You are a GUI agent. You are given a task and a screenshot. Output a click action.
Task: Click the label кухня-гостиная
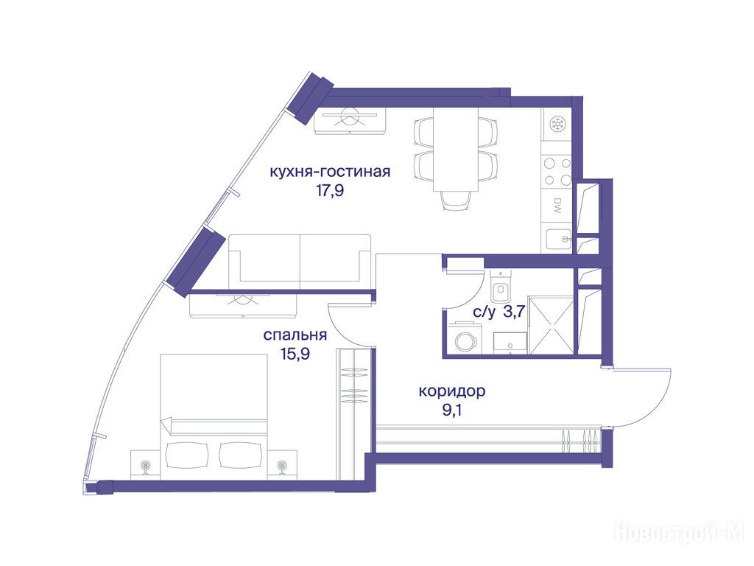point(329,172)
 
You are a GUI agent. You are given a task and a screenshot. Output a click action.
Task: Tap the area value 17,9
point(330,191)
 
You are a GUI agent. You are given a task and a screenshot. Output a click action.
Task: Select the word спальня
point(295,335)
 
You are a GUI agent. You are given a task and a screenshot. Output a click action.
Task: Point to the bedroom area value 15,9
point(295,354)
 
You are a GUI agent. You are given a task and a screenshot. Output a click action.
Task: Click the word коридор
point(452,391)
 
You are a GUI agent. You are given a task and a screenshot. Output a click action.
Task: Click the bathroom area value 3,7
point(513,312)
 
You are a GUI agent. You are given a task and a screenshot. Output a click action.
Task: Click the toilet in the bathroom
point(501,287)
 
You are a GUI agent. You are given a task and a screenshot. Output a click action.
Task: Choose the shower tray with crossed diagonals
point(551,326)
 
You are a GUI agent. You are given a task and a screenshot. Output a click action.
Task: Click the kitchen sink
point(558,239)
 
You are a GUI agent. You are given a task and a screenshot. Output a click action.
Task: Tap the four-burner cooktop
point(557,171)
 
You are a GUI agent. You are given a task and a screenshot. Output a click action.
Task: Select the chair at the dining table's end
point(455,200)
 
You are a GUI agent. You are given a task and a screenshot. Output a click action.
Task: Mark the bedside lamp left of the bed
point(145,466)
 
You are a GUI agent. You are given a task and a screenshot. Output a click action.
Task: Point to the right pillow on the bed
point(239,454)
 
